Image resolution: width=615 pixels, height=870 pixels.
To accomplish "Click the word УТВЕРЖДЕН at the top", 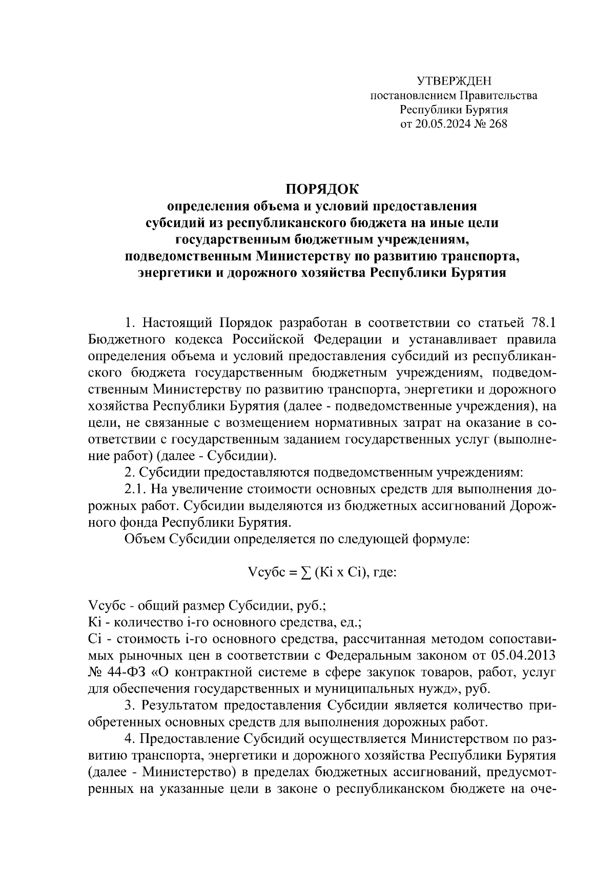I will coord(454,81).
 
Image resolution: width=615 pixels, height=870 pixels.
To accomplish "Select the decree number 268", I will coord(498,123).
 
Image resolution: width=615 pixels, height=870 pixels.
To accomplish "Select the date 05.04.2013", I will coord(523,656).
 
